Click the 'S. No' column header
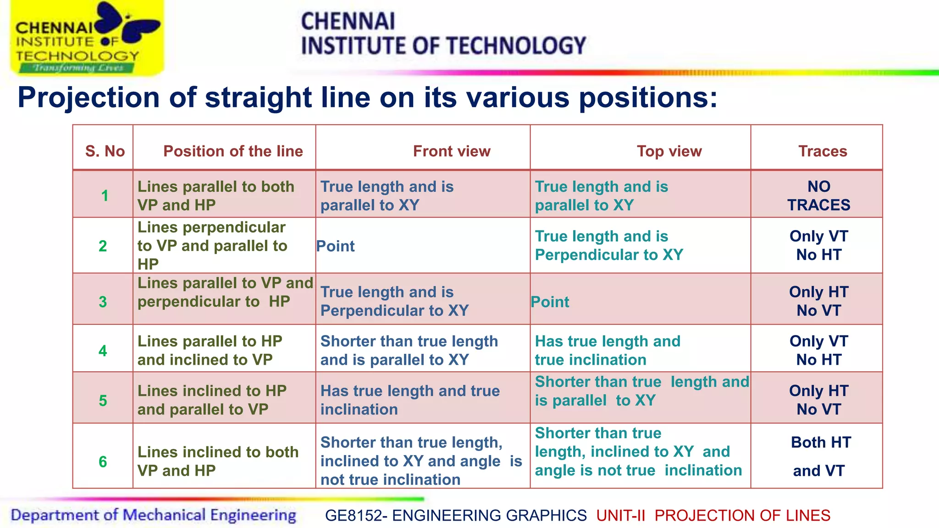tap(105, 151)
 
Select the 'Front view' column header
tap(452, 151)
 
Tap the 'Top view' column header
tap(669, 151)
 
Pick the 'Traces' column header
tap(823, 151)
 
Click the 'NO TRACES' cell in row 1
tap(819, 196)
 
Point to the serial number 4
tap(103, 351)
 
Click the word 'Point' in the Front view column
tap(336, 247)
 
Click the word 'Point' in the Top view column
tap(550, 302)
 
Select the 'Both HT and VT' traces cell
tap(820, 456)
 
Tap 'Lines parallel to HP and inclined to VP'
tap(210, 351)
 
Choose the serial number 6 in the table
tap(103, 462)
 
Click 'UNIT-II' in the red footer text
tap(620, 516)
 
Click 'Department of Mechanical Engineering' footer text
tap(153, 515)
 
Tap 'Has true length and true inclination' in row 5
tap(410, 400)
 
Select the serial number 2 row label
tap(103, 246)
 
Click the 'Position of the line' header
tap(233, 151)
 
